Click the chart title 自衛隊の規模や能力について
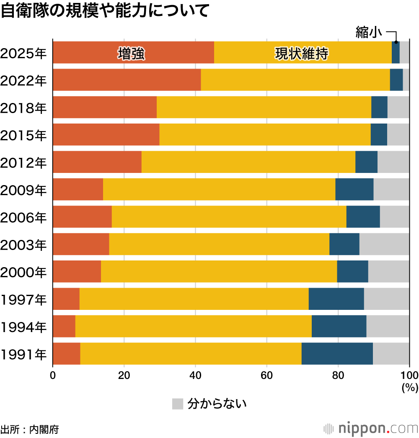pyautogui.click(x=105, y=11)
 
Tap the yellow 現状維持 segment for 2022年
pyautogui.click(x=295, y=80)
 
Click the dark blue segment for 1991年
pyautogui.click(x=337, y=353)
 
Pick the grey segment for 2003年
pyautogui.click(x=384, y=244)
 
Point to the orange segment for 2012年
pyautogui.click(x=97, y=162)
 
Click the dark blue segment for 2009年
pyautogui.click(x=354, y=189)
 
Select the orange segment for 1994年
pyautogui.click(x=64, y=326)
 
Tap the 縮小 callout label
pyautogui.click(x=369, y=33)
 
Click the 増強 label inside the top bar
pyautogui.click(x=131, y=54)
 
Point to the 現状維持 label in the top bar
pyautogui.click(x=301, y=54)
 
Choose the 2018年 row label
pyautogui.click(x=23, y=108)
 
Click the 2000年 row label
pyautogui.click(x=23, y=272)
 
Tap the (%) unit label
pyautogui.click(x=410, y=388)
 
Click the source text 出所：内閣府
pyautogui.click(x=30, y=429)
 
